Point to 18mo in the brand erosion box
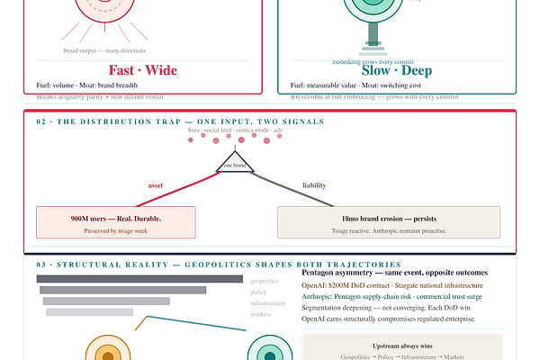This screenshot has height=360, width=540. (350, 218)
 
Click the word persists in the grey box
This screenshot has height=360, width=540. (423, 218)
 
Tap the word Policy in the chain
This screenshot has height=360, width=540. (384, 356)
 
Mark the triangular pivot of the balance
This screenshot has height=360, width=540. (235, 162)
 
